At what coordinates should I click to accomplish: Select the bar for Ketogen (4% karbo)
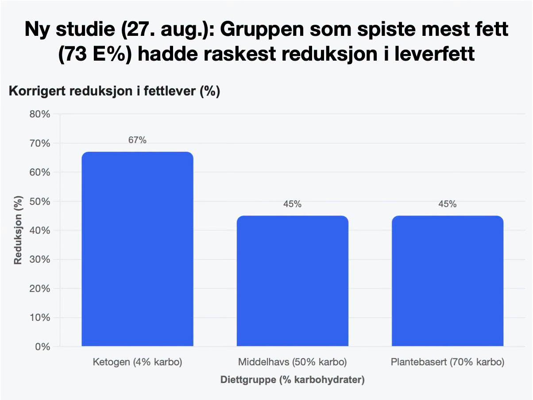137,249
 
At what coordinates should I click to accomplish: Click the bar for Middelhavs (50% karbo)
292,281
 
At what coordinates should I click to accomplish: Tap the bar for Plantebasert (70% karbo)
448,281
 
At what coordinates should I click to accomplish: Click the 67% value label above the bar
137,140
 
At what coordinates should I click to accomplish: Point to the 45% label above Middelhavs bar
292,204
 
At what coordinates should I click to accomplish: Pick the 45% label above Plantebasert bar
448,204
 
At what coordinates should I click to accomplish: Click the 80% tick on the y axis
40,114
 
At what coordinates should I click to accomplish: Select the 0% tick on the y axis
43,347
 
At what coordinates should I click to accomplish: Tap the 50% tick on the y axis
40,201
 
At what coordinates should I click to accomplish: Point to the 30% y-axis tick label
40,259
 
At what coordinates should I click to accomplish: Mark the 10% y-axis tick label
40,317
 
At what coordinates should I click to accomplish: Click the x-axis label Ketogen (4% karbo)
137,362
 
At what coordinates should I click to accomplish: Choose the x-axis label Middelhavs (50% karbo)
292,362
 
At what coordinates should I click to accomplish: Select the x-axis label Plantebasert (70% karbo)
448,362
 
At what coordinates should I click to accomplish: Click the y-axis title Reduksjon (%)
18,230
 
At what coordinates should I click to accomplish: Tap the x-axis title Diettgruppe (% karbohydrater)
292,380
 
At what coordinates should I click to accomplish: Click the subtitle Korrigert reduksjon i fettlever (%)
114,91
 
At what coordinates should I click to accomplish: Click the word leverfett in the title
434,54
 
